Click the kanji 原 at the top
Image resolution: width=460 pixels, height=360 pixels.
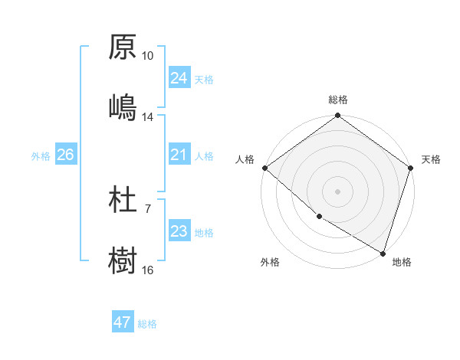123,47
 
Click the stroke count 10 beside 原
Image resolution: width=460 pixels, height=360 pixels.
148,56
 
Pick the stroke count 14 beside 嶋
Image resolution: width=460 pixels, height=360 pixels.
148,117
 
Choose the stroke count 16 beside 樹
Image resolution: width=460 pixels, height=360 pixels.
148,270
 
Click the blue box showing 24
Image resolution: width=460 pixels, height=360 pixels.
179,78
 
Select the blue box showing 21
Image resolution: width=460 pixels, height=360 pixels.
179,155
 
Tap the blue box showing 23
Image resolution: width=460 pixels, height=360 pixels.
179,231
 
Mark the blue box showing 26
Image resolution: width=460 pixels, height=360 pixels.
65,155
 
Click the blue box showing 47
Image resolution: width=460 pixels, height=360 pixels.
123,322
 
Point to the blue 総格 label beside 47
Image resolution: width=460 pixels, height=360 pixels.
147,324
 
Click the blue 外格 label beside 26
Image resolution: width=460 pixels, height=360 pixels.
41,156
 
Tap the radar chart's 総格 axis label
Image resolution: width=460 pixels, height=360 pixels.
338,100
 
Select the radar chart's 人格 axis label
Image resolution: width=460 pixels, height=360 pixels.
245,159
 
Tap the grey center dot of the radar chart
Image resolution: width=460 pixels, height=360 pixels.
338,191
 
